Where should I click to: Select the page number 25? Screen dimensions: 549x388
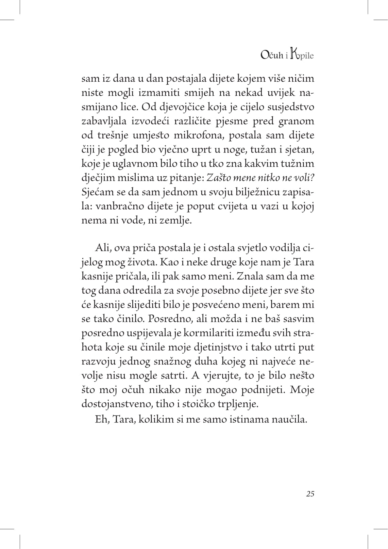tap(310, 494)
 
